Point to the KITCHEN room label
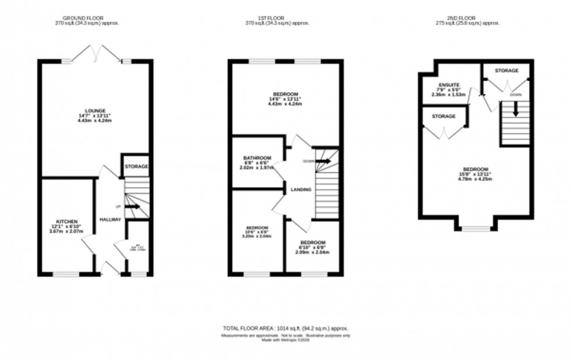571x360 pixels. point(66,222)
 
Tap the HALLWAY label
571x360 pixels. point(110,220)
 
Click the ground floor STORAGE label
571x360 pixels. point(136,167)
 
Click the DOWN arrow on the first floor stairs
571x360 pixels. point(323,161)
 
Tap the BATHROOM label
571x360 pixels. point(258,158)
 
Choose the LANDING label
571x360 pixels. point(302,190)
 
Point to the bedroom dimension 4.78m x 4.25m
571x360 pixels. point(474,179)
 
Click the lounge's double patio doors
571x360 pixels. point(97,54)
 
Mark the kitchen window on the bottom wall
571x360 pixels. point(66,274)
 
